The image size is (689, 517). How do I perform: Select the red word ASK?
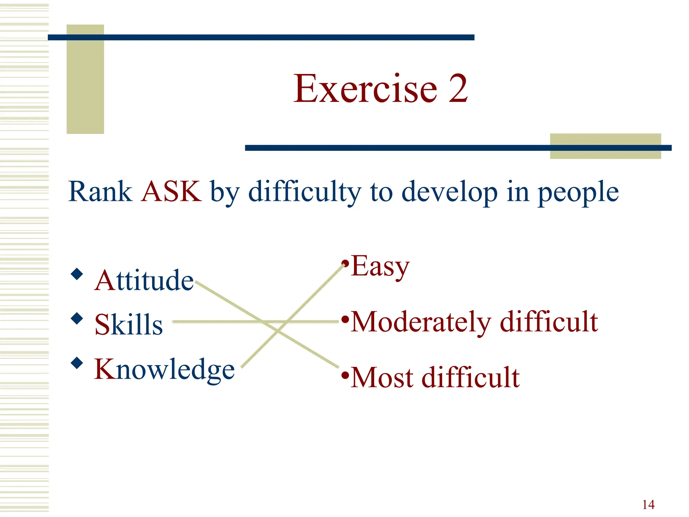171,192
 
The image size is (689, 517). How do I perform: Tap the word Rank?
100,192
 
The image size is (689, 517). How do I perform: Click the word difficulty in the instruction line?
304,192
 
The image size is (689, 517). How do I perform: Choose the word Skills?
129,324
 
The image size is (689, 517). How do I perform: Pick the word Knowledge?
164,370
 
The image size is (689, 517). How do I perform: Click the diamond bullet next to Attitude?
77,274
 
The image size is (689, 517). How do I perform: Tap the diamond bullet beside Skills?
77,318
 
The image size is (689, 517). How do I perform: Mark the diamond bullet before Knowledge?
77,363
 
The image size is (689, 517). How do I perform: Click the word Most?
382,378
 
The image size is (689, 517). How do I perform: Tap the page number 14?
648,505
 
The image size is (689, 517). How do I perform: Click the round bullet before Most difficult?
345,375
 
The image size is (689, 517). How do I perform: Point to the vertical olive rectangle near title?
85,79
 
